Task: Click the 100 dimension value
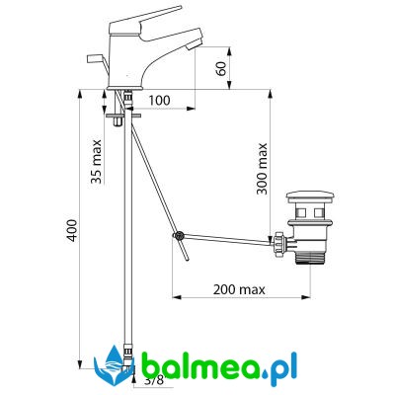click(x=159, y=101)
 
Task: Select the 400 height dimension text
click(x=72, y=230)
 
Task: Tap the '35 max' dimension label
click(x=96, y=162)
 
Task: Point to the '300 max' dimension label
click(x=262, y=169)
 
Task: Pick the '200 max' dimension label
click(x=239, y=289)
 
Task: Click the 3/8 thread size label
click(x=154, y=380)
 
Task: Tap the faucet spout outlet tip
click(x=194, y=45)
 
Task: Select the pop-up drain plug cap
click(x=310, y=197)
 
